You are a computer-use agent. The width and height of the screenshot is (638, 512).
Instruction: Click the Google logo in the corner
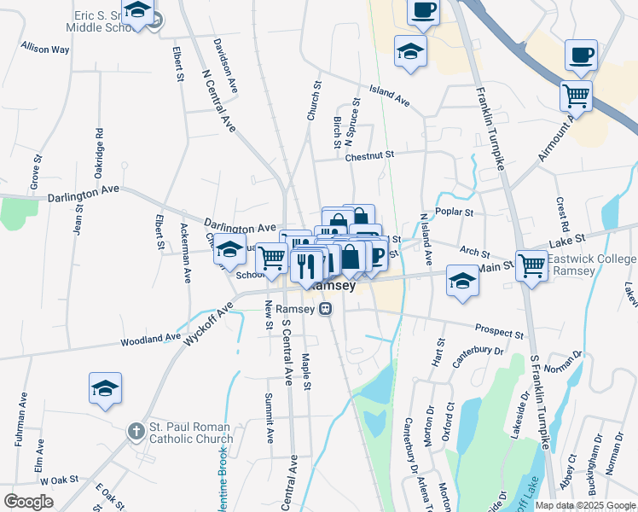point(29,502)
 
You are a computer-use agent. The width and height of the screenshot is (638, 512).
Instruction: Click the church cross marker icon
point(136,432)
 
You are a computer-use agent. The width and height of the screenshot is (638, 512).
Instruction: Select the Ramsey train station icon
point(325,311)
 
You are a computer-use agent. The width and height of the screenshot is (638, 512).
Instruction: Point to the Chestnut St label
point(371,155)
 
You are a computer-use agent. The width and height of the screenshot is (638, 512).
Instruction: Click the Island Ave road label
point(390,95)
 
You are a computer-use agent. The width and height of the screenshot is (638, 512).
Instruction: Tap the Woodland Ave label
point(150,339)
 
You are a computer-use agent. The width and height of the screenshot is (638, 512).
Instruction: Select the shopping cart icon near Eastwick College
point(531,265)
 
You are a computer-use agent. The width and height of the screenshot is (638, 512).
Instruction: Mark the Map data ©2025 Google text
point(585,504)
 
